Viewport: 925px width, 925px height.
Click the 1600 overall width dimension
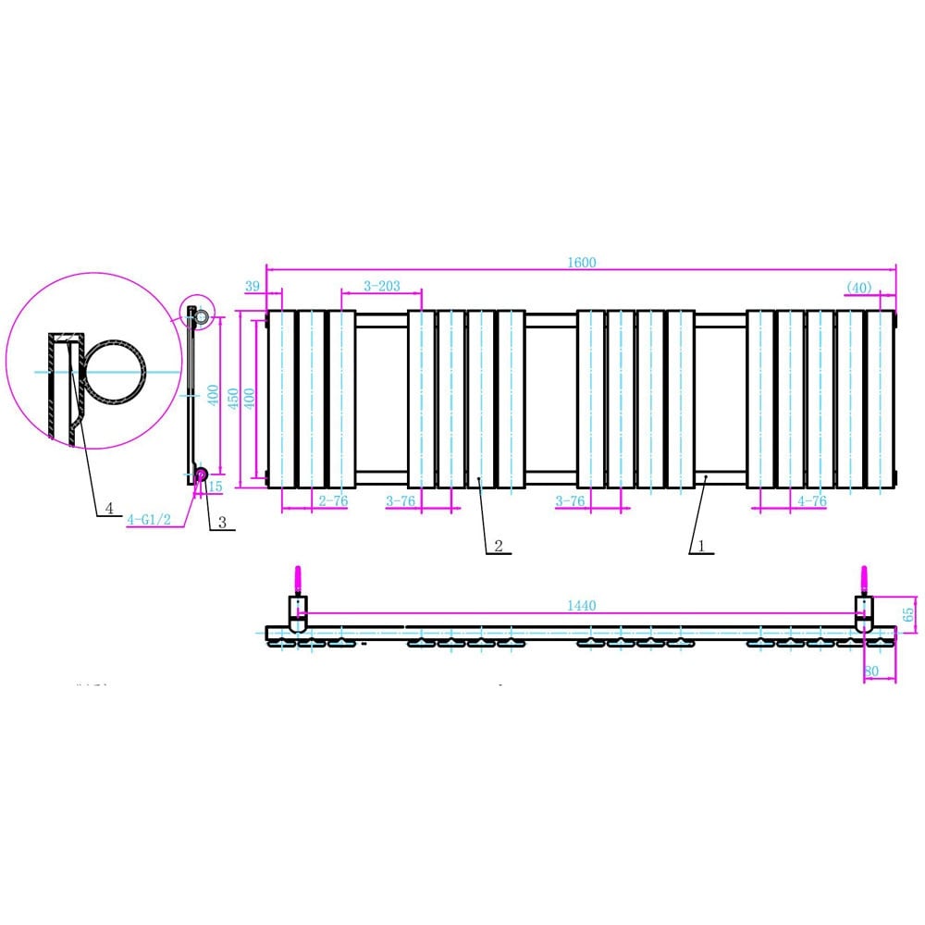tap(583, 263)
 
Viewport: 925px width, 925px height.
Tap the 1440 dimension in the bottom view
tap(583, 606)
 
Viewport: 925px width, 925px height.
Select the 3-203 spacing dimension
tap(382, 287)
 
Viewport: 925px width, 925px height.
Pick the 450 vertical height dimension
tap(234, 398)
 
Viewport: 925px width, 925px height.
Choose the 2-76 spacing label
tap(333, 501)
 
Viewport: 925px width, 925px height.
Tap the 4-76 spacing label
tap(811, 501)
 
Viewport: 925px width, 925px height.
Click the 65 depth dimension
tap(908, 612)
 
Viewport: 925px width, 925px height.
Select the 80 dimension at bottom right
tap(871, 671)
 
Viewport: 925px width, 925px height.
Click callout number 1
tap(700, 546)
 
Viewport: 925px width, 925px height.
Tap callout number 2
tap(498, 546)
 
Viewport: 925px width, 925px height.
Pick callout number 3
tap(223, 523)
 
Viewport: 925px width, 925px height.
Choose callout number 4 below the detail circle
tap(109, 508)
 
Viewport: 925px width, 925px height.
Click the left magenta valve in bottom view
tap(297, 580)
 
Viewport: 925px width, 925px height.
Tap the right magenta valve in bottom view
tap(864, 580)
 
